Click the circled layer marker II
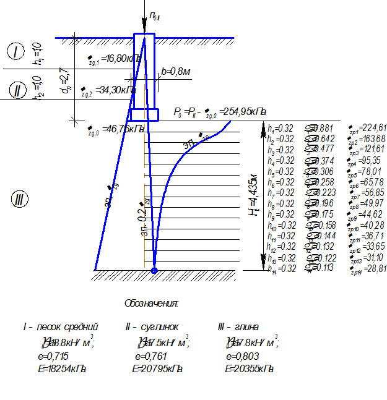17,91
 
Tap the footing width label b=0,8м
176,72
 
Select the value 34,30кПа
118,90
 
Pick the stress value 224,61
374,128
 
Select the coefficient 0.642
323,138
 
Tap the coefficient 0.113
323,268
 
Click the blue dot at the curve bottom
155,270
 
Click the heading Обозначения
152,304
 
